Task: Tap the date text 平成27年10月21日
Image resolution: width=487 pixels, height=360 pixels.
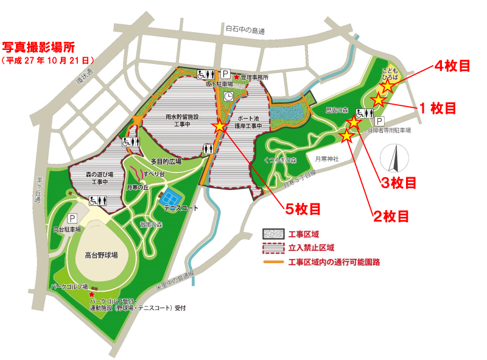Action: tap(48, 61)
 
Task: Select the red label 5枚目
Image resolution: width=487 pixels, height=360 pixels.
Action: tap(303, 209)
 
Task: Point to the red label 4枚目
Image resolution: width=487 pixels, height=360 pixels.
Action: tap(451, 66)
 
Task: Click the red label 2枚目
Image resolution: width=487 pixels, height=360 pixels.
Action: tap(390, 216)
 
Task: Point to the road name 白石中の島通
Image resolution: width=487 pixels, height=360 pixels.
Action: tap(245, 29)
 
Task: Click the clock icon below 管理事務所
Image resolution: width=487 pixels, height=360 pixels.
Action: tap(228, 96)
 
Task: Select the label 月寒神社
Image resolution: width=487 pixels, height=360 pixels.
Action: tap(326, 159)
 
